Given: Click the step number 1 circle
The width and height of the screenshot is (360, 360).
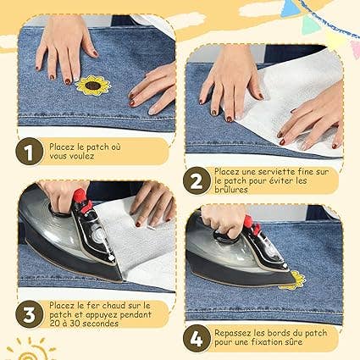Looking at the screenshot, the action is pos(29,152).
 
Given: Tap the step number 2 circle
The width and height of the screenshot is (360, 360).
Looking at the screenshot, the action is pos(197,180).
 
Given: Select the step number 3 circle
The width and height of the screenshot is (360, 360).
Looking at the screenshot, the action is pos(29,314).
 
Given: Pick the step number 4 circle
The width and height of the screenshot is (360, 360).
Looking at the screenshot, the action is pos(197,338).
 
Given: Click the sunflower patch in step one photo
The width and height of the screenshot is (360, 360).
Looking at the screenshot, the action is pos(93,85).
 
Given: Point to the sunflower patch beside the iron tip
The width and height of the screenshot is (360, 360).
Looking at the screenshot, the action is pos(294,280).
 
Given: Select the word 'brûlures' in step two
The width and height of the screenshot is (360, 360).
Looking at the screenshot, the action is pos(231,190).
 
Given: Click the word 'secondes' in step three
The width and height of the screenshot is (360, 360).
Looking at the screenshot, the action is pos(100,324).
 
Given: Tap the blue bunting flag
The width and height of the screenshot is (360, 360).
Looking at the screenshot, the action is pos(288,8).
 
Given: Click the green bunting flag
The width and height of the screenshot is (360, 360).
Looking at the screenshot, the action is pos(310,25).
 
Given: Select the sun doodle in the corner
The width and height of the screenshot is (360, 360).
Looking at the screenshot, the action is pos(30,349).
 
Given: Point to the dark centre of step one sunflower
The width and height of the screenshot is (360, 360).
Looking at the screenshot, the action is pos(92,85).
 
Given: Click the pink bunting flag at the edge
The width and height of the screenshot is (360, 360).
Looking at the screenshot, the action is pos(356,49).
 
